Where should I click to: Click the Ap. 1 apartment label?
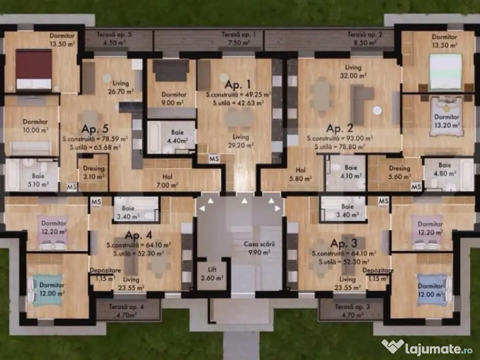[x=238, y=84]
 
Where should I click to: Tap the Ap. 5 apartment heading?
[x=95, y=129]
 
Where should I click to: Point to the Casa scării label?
[x=259, y=244]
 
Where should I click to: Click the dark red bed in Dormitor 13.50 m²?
[x=34, y=69]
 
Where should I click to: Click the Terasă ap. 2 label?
[x=365, y=34]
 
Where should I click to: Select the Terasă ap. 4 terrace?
[x=128, y=310]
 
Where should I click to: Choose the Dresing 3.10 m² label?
[x=94, y=172]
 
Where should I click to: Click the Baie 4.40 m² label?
[x=177, y=136]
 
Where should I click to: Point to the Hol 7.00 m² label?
[x=167, y=181]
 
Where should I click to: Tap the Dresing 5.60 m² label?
[x=399, y=172]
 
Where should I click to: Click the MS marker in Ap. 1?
[x=214, y=158]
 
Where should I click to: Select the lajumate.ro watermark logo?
[x=427, y=348]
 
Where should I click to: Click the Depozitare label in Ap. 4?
[x=105, y=270]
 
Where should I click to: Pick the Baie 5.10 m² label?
[x=38, y=180]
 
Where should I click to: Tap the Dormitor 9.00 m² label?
[x=173, y=98]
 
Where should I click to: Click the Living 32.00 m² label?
[x=353, y=71]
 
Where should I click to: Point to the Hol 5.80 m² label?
[x=300, y=174]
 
